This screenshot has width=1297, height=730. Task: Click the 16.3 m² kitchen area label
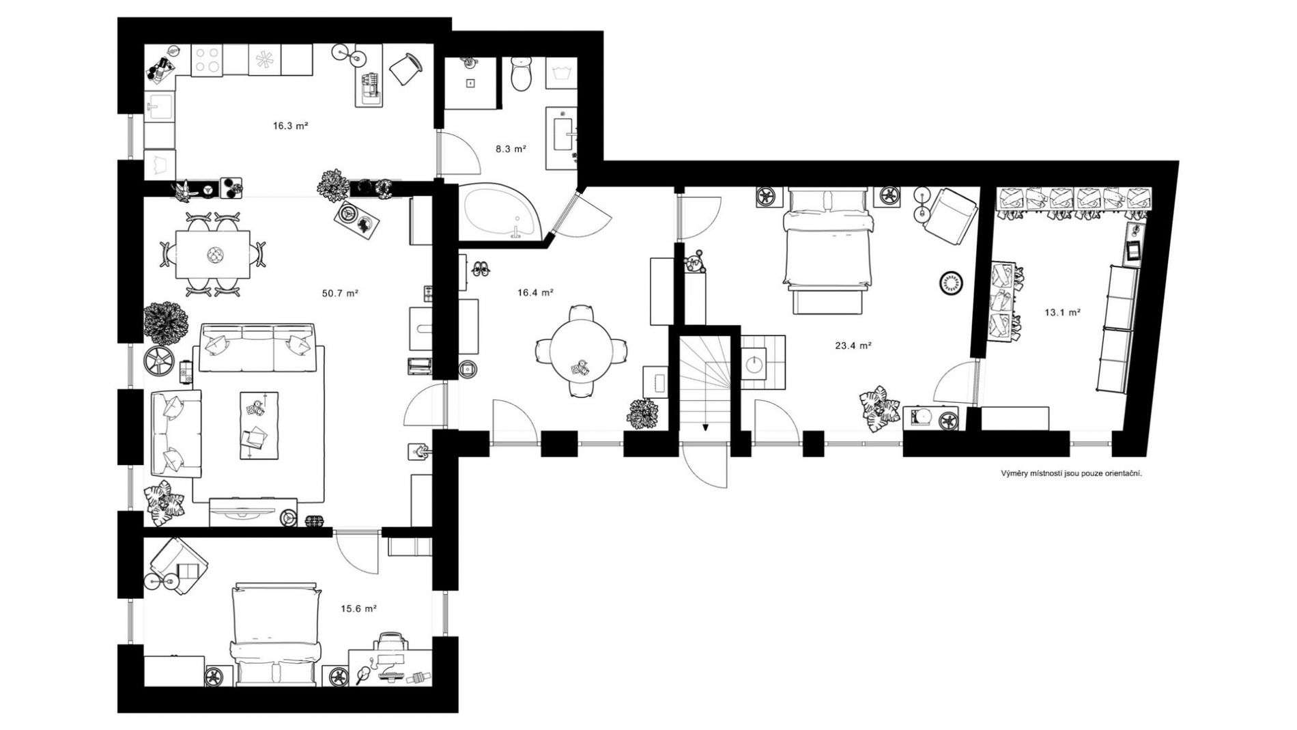click(x=291, y=126)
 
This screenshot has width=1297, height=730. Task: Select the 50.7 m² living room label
click(x=340, y=293)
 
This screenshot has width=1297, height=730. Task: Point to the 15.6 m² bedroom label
click(x=359, y=608)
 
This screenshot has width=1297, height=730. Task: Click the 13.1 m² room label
click(x=1062, y=313)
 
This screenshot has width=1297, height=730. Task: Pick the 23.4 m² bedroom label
click(x=853, y=346)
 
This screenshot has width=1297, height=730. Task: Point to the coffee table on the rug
click(x=259, y=425)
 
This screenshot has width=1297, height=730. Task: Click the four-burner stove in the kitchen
click(x=209, y=59)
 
